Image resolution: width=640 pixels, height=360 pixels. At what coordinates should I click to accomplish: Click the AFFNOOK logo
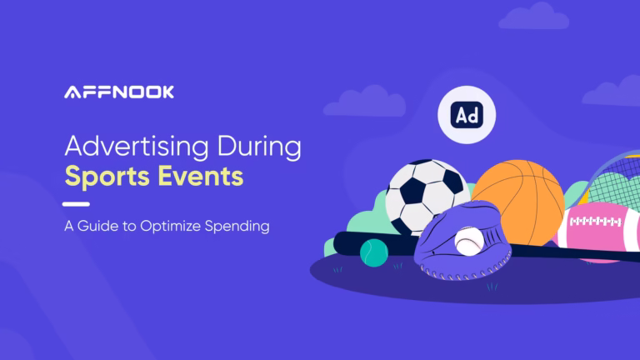coord(119,92)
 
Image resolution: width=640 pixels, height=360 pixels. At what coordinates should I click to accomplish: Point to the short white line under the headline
coord(77,203)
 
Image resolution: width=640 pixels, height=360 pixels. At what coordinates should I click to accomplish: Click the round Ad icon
coord(466,115)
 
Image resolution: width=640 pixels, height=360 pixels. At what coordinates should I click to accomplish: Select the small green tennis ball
coord(375,252)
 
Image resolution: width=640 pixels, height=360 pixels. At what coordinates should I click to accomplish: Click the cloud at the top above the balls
coord(532,16)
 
